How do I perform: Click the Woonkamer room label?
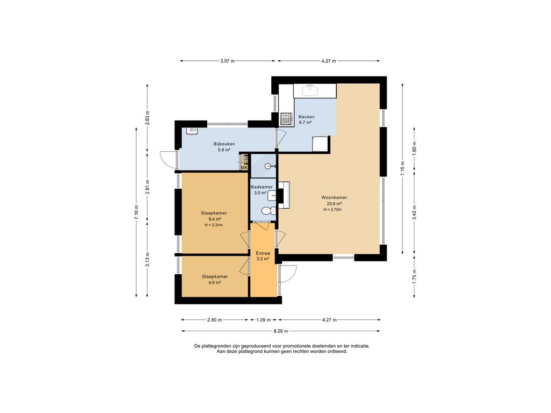pos(334,197)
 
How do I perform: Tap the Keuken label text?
pos(306,117)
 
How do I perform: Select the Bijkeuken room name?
pos(224,144)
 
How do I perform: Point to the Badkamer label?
pos(262,187)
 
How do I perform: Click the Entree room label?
pos(263,253)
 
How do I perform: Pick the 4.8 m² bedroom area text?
pos(215,282)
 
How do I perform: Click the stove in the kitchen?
pos(286,119)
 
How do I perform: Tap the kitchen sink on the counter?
pos(310,90)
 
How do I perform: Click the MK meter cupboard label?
pos(244,168)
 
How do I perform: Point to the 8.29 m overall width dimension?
pos(281,331)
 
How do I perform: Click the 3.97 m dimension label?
pos(228,61)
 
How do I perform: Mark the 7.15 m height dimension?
pos(402,168)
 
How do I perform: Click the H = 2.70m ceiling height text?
pos(333,210)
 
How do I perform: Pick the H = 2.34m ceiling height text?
pos(214,225)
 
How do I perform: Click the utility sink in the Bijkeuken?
pos(192,131)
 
